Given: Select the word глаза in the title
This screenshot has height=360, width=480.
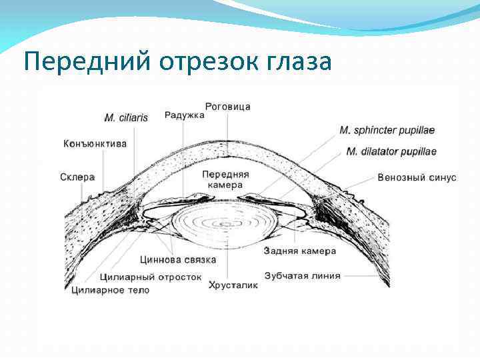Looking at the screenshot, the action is (298, 62).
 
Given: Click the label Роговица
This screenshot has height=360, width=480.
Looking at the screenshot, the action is (228, 107).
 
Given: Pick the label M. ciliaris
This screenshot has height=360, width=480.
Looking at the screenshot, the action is (126, 118).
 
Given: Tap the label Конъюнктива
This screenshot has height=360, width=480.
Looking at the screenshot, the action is (95, 143).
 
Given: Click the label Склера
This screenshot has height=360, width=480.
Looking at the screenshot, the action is (77, 177).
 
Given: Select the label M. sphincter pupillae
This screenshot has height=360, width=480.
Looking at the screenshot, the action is (387, 130).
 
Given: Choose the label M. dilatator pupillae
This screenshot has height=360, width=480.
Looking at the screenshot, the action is (391, 151).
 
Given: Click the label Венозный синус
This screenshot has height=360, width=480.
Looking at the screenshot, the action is (417, 177).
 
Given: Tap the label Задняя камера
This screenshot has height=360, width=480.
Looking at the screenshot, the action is (300, 251).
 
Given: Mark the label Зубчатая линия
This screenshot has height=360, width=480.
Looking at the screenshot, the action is (303, 275).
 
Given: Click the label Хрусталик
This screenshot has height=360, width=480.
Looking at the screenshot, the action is (233, 285).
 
